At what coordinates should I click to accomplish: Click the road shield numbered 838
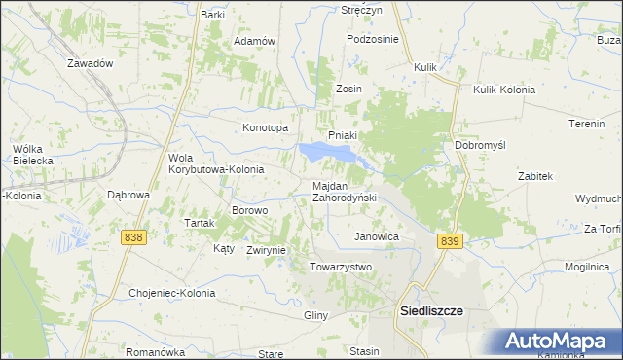pyautogui.click(x=134, y=237)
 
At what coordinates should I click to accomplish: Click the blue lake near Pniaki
pyautogui.click(x=326, y=153)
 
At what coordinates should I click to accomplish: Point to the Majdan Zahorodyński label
pyautogui.click(x=344, y=192)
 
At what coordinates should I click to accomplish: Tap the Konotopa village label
pyautogui.click(x=266, y=127)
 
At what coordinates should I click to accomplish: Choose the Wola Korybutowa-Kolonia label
pyautogui.click(x=216, y=163)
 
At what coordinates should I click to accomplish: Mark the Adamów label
pyautogui.click(x=256, y=42)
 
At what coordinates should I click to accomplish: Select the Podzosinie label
pyautogui.click(x=374, y=39)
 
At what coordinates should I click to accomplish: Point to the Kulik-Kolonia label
pyautogui.click(x=504, y=90)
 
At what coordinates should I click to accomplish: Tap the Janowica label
pyautogui.click(x=377, y=236)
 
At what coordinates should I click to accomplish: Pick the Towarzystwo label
pyautogui.click(x=341, y=267)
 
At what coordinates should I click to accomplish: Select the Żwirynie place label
pyautogui.click(x=266, y=250)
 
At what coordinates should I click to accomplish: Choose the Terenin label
pyautogui.click(x=588, y=125)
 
